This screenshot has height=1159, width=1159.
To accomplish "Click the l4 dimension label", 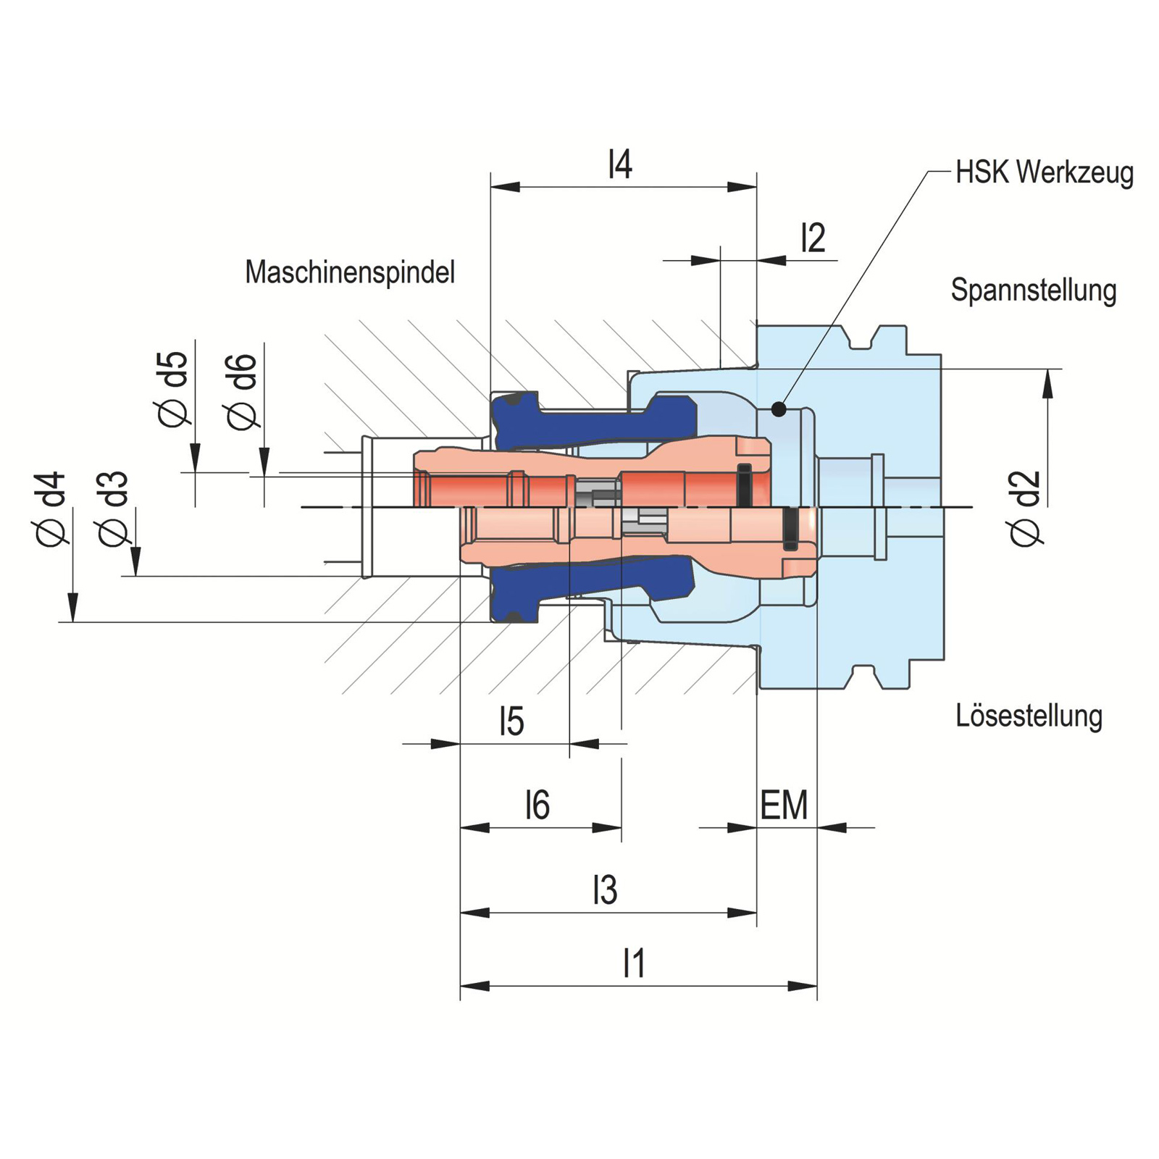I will coord(620,164).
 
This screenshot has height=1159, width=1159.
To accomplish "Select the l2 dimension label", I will coord(813,238).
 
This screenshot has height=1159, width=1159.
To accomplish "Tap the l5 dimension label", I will coord(511,721).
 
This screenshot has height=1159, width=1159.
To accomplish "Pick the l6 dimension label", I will coord(537,805).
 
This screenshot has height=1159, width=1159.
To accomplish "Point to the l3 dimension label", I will coord(605,890).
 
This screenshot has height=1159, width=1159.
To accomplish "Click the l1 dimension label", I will coord(634,963).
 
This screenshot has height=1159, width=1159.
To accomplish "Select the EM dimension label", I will coord(784,806).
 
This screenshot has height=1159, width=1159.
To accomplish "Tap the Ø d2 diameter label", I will coord(1026,509).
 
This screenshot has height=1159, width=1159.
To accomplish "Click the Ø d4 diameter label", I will coord(52,509).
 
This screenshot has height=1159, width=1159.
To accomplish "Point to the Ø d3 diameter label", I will coord(114,509).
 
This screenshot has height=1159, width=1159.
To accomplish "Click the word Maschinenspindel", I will coord(350,272).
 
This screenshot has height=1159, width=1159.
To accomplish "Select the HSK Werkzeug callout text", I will coord(1044,173).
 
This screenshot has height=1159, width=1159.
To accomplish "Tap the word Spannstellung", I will coord(1033,290).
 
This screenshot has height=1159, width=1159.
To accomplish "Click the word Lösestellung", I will coord(1029,716).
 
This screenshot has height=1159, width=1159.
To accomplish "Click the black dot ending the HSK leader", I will coord(779,409).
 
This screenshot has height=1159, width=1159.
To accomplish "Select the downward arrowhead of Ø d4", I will coord(72,608).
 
